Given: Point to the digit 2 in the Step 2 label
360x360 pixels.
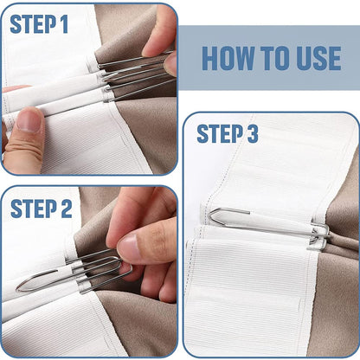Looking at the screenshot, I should tap(66, 208).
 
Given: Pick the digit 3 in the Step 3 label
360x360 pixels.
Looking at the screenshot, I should tap(251, 134).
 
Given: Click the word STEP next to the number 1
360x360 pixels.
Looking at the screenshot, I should tap(33, 23).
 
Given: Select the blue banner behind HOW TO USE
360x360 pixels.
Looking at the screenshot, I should tap(270, 59).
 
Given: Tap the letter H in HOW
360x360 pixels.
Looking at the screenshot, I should tap(210, 59).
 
